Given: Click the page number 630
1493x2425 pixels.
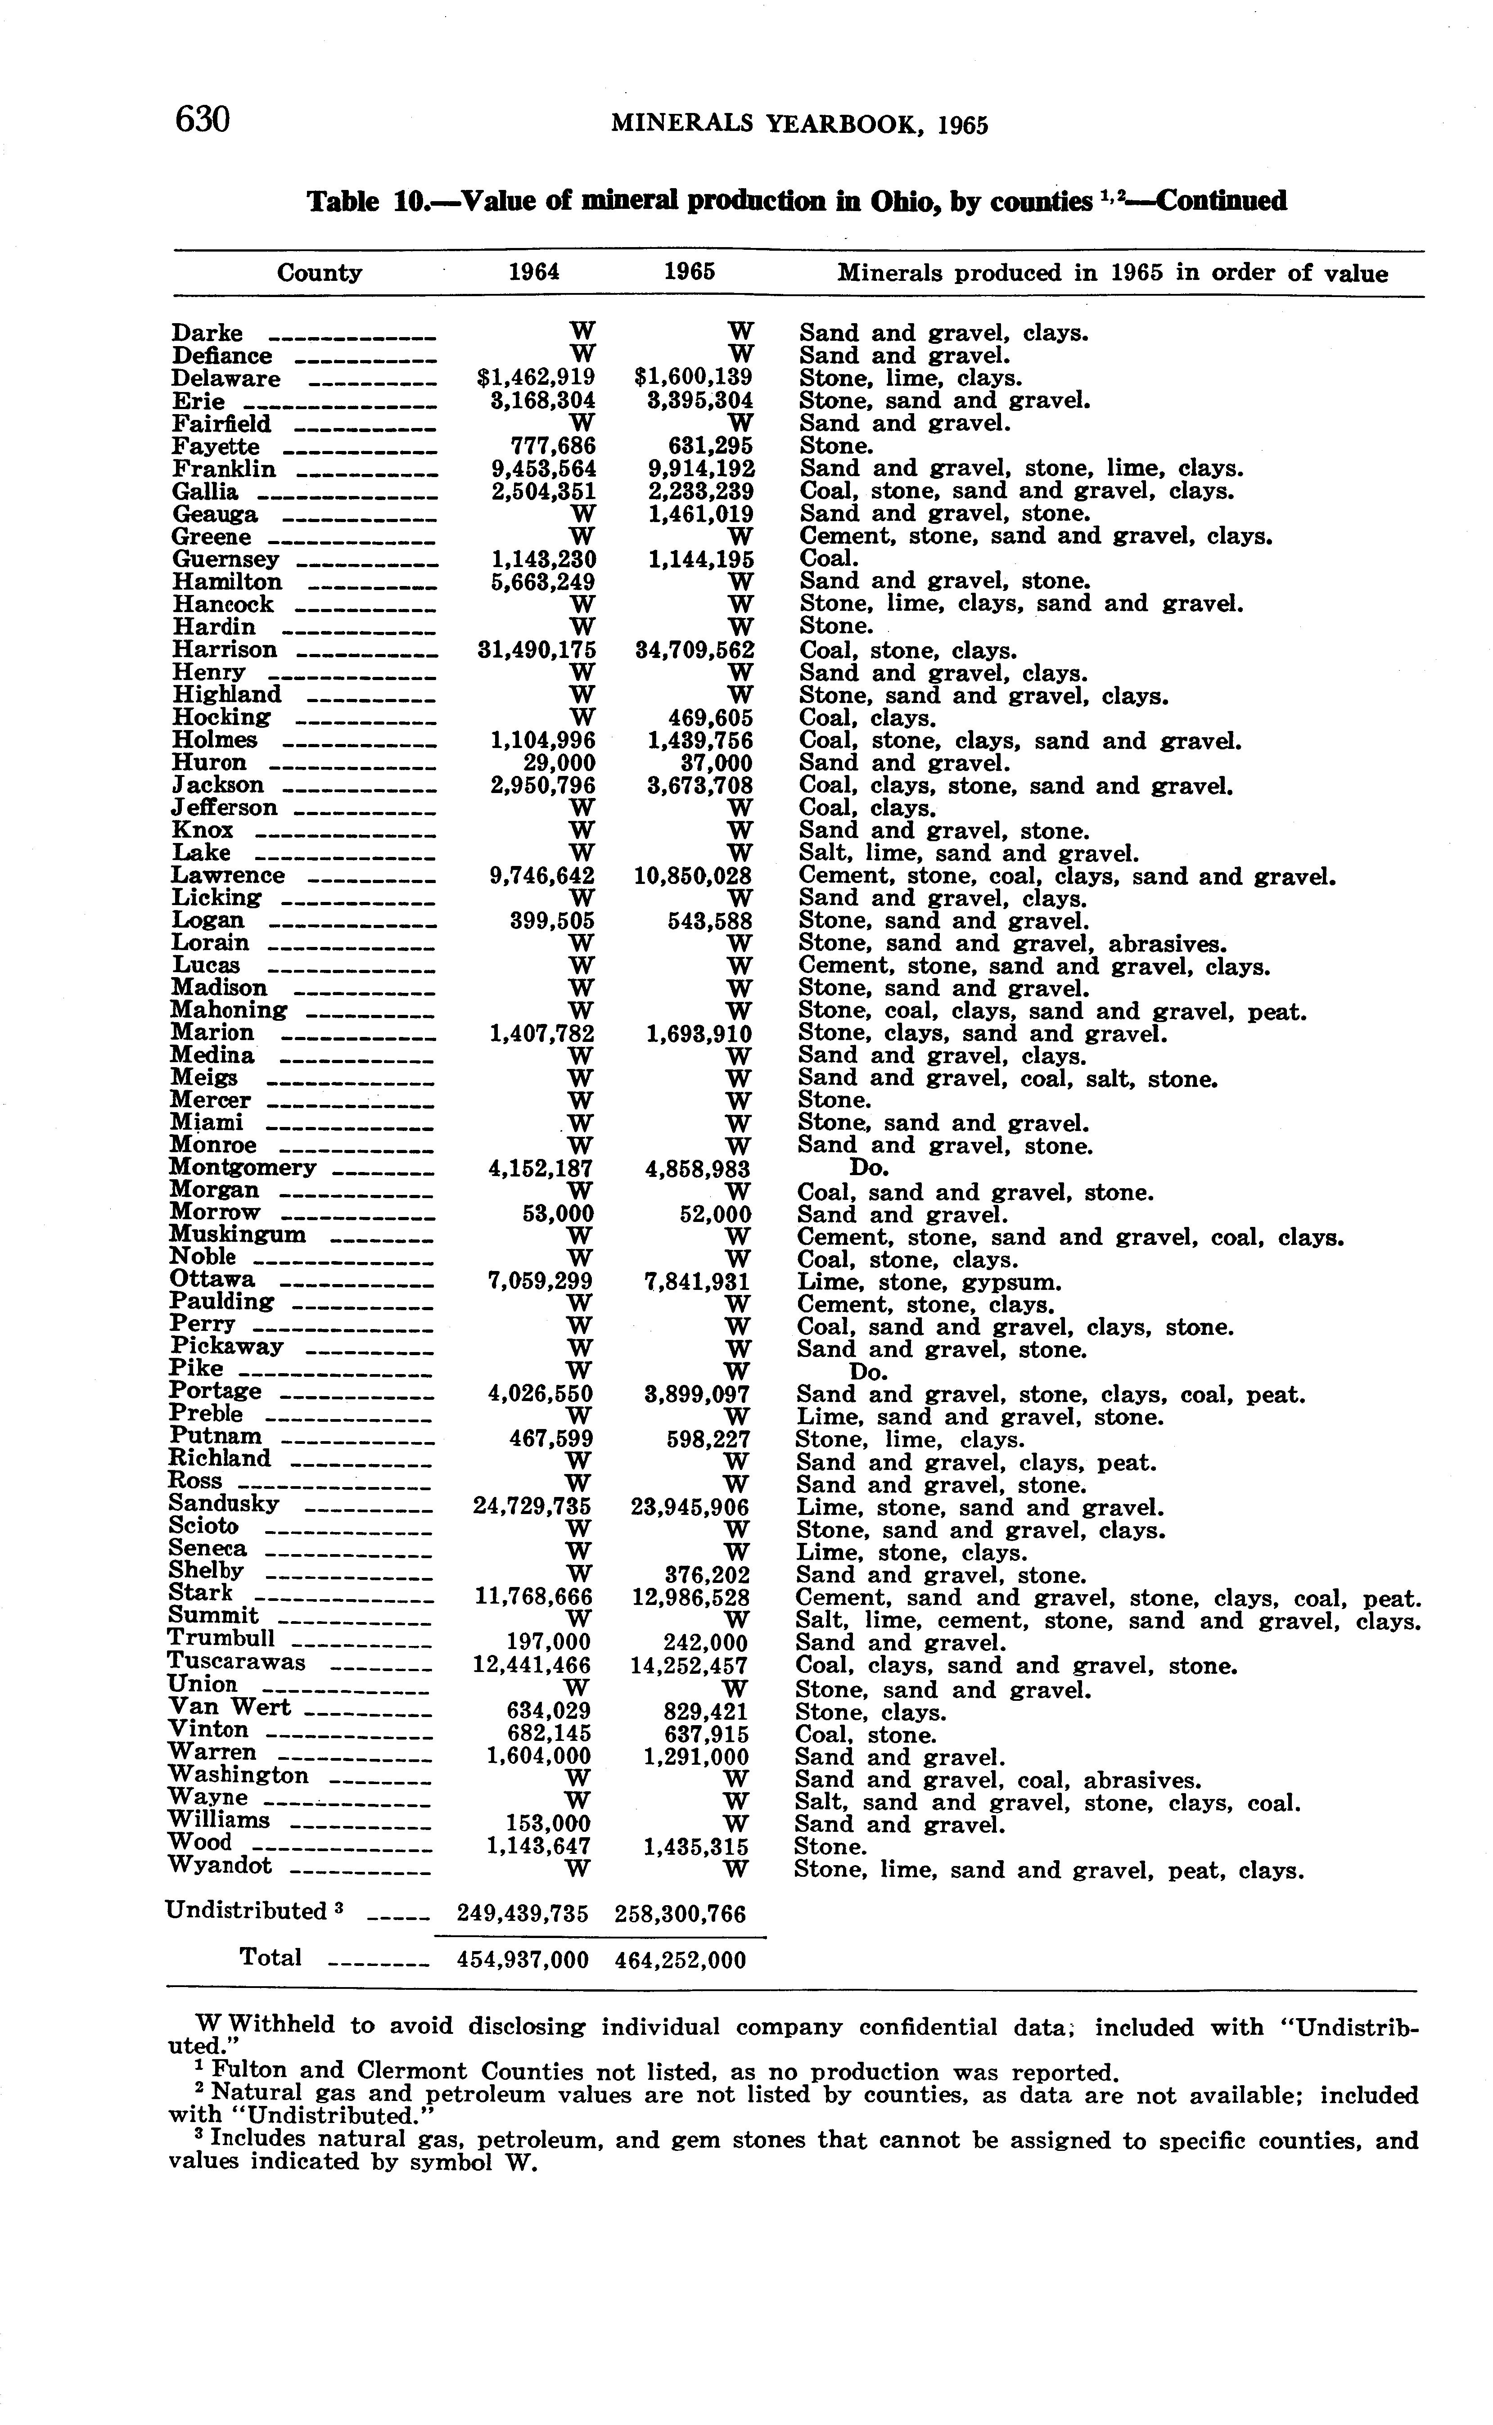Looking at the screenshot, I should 203,119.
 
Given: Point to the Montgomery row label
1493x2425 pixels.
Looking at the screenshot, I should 243,1168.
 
